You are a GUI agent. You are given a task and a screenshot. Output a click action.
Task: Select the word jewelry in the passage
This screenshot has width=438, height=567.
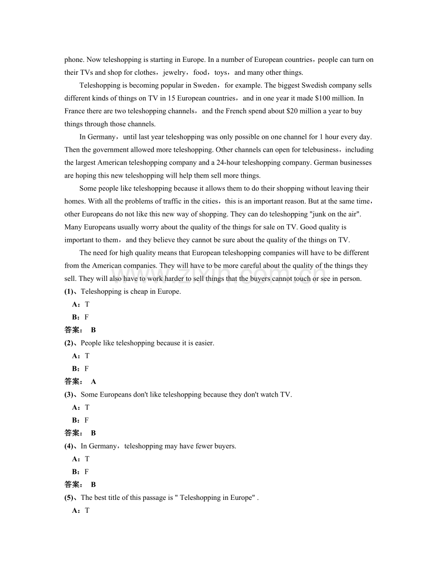click(174, 72)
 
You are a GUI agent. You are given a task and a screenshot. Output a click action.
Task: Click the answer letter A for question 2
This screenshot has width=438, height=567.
click(93, 381)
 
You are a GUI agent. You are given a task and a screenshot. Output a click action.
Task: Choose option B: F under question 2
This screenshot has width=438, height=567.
click(80, 368)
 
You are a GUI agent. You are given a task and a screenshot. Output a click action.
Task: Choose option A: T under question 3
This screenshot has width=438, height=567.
click(80, 407)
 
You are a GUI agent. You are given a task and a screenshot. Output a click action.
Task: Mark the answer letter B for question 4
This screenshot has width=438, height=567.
click(93, 485)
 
